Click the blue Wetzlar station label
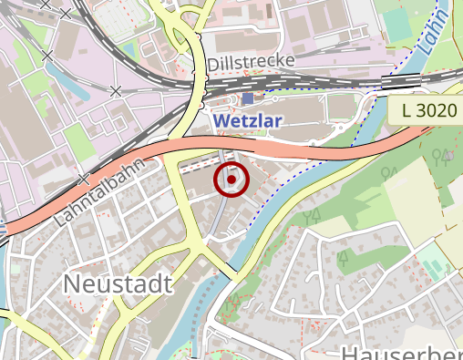point(248,120)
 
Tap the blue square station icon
point(248,98)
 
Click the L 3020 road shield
point(428,111)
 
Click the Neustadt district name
point(118,284)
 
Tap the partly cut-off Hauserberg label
point(401,353)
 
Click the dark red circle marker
point(231,179)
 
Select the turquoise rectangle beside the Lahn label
point(397,25)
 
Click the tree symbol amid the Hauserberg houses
point(344,257)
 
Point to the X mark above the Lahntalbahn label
point(84,179)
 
